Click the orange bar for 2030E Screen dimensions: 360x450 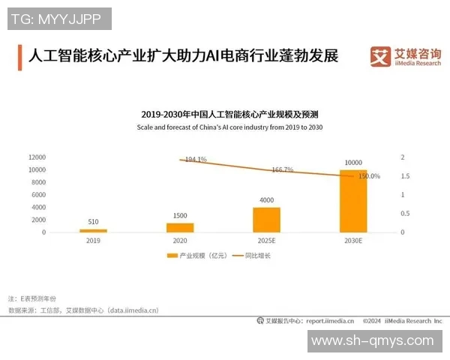[x=353, y=201]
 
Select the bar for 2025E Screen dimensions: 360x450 [x=266, y=220]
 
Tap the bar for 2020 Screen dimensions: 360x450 [x=180, y=227]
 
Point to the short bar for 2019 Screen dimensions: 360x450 [x=94, y=230]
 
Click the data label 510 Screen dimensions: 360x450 [x=94, y=222]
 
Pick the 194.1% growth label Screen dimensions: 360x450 [x=196, y=160]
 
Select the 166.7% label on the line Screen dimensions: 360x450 [x=283, y=169]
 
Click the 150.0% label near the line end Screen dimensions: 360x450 [x=369, y=176]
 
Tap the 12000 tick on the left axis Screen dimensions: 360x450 [x=37, y=157]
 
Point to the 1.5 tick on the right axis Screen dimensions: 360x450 [x=405, y=176]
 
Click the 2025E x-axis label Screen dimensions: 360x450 [x=266, y=241]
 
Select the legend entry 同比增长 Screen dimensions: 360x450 [x=259, y=256]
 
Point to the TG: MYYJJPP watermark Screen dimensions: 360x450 [x=59, y=19]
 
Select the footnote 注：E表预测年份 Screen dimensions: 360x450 [x=32, y=298]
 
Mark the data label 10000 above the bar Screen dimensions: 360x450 [x=353, y=163]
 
